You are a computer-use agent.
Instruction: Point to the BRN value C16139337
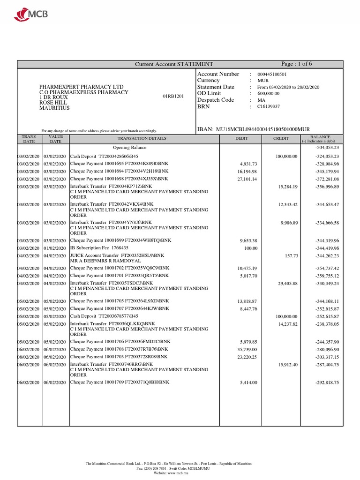click(269, 106)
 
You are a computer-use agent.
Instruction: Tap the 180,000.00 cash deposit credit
click(286, 156)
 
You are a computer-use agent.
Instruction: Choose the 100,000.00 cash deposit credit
click(286, 316)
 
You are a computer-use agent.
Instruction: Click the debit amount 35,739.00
click(247, 349)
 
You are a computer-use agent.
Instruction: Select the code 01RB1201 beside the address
click(173, 96)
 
